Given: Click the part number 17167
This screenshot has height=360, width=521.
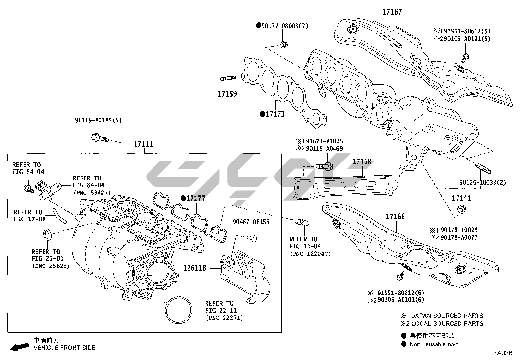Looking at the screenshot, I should [392, 12].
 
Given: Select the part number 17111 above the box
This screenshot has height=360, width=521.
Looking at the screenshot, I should [143, 144].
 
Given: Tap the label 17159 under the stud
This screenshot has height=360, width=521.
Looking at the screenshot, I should [227, 94].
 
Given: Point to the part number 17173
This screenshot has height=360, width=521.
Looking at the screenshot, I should [275, 114].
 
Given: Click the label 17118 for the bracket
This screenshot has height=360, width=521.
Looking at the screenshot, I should [362, 162].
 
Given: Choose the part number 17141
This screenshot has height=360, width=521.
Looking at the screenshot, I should [461, 198].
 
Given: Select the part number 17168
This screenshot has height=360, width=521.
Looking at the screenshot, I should [395, 217].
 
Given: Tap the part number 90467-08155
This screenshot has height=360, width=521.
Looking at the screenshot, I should [251, 222].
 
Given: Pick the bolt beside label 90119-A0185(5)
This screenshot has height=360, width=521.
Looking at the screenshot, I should [99, 138].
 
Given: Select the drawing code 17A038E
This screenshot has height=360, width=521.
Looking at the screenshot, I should [503, 353].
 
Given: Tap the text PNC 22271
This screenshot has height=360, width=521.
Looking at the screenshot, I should [225, 318].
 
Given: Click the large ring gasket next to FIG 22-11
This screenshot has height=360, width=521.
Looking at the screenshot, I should [179, 310].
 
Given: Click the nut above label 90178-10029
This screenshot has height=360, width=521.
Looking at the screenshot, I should [461, 209].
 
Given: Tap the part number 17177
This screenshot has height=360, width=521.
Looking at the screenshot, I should [195, 199].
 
